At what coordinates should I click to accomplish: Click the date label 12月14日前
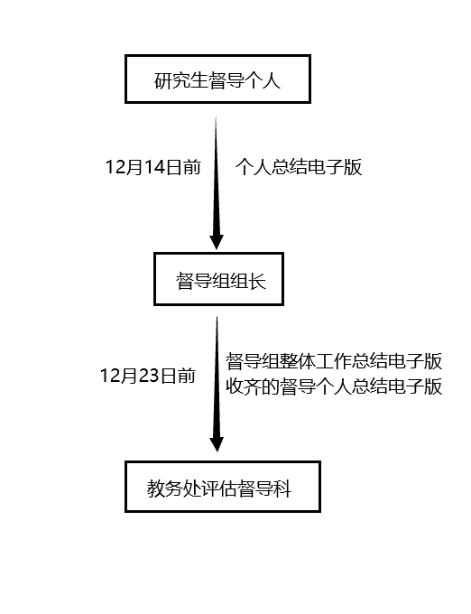tap(153, 167)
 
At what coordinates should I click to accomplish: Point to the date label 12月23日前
tap(148, 376)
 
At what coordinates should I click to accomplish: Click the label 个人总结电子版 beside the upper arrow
tap(299, 167)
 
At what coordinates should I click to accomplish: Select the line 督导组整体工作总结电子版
tap(334, 361)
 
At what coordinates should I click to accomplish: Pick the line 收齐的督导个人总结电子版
tap(334, 386)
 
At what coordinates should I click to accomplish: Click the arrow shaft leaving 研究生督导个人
tap(216, 175)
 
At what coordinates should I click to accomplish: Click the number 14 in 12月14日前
tap(153, 168)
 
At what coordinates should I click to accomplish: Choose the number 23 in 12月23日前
tap(148, 376)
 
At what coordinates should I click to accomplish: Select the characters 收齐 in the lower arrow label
tap(244, 386)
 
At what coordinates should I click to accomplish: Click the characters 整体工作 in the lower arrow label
tap(316, 361)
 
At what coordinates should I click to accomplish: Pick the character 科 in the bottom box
tap(282, 488)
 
